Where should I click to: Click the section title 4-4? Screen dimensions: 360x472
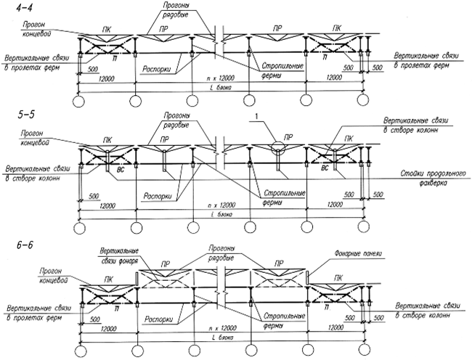14,9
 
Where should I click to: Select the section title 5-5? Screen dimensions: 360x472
15,115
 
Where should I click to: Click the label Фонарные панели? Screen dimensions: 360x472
359,253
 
